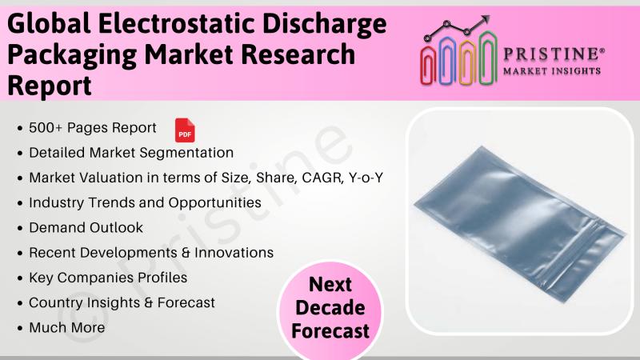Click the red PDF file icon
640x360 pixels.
pos(185,130)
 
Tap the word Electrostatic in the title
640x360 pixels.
pos(176,23)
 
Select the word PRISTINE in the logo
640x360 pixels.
pos(554,54)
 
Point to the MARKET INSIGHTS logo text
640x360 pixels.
pos(552,71)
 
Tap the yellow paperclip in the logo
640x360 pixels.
pos(468,62)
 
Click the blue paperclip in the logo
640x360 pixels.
pos(448,61)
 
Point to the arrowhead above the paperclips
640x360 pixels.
pos(486,18)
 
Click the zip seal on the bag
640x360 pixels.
pos(574,252)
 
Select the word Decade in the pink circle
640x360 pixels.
pos(330,308)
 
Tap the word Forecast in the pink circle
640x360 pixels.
pos(330,331)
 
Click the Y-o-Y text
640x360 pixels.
pos(366,178)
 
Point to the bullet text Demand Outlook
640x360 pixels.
pos(86,228)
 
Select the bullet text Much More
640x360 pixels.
pos(67,328)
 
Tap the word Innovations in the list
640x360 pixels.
pos(234,253)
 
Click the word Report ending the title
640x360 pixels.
pos(50,86)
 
